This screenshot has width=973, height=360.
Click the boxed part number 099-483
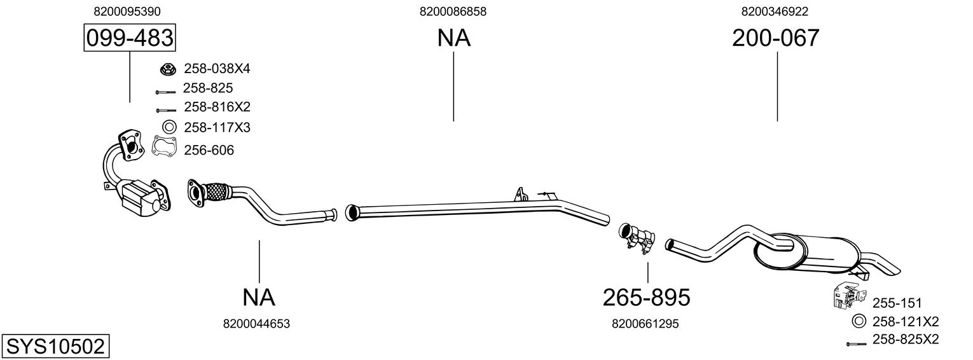[x=130, y=39]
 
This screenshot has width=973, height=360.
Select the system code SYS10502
[x=55, y=347]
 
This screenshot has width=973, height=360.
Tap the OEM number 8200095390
[x=127, y=11]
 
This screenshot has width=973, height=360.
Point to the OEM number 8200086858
[x=453, y=11]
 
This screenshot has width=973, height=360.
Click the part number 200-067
[x=776, y=39]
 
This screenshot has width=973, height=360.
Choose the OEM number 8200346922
[x=775, y=11]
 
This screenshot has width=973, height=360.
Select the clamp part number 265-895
[x=646, y=296]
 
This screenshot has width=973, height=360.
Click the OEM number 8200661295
[x=645, y=324]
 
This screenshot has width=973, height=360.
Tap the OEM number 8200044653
[x=256, y=324]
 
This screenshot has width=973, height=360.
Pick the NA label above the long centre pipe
[x=453, y=39]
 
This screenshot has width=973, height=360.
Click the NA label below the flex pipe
[x=259, y=296]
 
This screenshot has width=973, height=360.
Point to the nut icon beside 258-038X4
[x=168, y=68]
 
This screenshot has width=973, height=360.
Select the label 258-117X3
[x=217, y=128]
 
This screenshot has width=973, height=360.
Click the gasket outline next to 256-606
[x=165, y=148]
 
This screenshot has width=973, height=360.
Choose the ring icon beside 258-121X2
[x=858, y=321]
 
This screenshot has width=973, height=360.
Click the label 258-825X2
[x=906, y=340]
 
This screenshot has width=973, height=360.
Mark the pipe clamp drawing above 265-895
[x=637, y=236]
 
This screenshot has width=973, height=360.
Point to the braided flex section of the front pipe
[x=218, y=191]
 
